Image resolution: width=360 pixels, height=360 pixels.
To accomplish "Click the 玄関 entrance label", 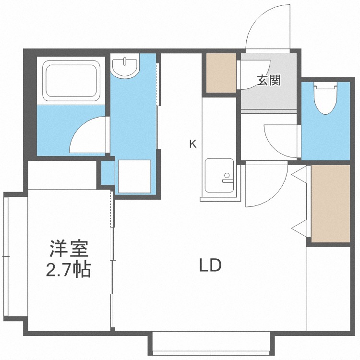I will [268, 81].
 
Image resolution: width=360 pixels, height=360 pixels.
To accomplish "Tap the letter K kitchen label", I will [192, 143].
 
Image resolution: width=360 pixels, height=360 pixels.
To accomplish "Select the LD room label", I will [210, 265].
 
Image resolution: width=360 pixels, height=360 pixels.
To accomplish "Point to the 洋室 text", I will [68, 250].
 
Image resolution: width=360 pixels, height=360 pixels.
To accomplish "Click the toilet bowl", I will [325, 98].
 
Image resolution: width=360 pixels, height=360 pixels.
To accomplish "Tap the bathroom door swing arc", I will [87, 135].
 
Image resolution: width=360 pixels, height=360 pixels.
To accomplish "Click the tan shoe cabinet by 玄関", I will [221, 72].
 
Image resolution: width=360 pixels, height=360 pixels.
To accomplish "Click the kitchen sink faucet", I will [227, 180].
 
